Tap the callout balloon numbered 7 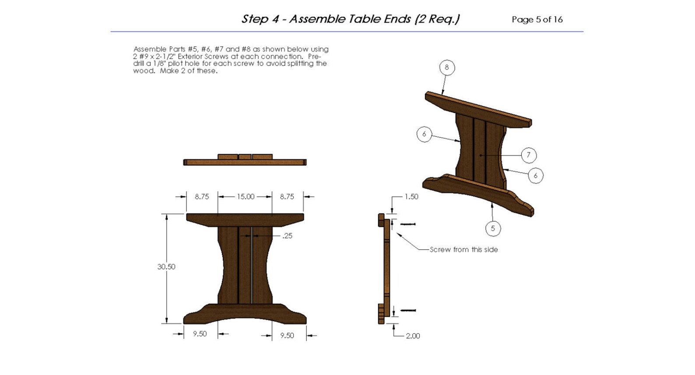point(529,155)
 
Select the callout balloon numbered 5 point(493,228)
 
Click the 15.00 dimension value point(246,197)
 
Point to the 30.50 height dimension point(166,266)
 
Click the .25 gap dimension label point(287,236)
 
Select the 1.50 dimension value point(411,197)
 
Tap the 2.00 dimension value point(413,336)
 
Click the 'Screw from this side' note point(463,249)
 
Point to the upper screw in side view point(408,224)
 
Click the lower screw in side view point(408,310)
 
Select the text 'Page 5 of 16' point(537,20)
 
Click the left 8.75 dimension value point(202,197)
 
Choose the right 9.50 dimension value point(287,336)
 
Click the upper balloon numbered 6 point(424,134)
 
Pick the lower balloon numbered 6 point(536,176)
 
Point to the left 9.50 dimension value point(200,334)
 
